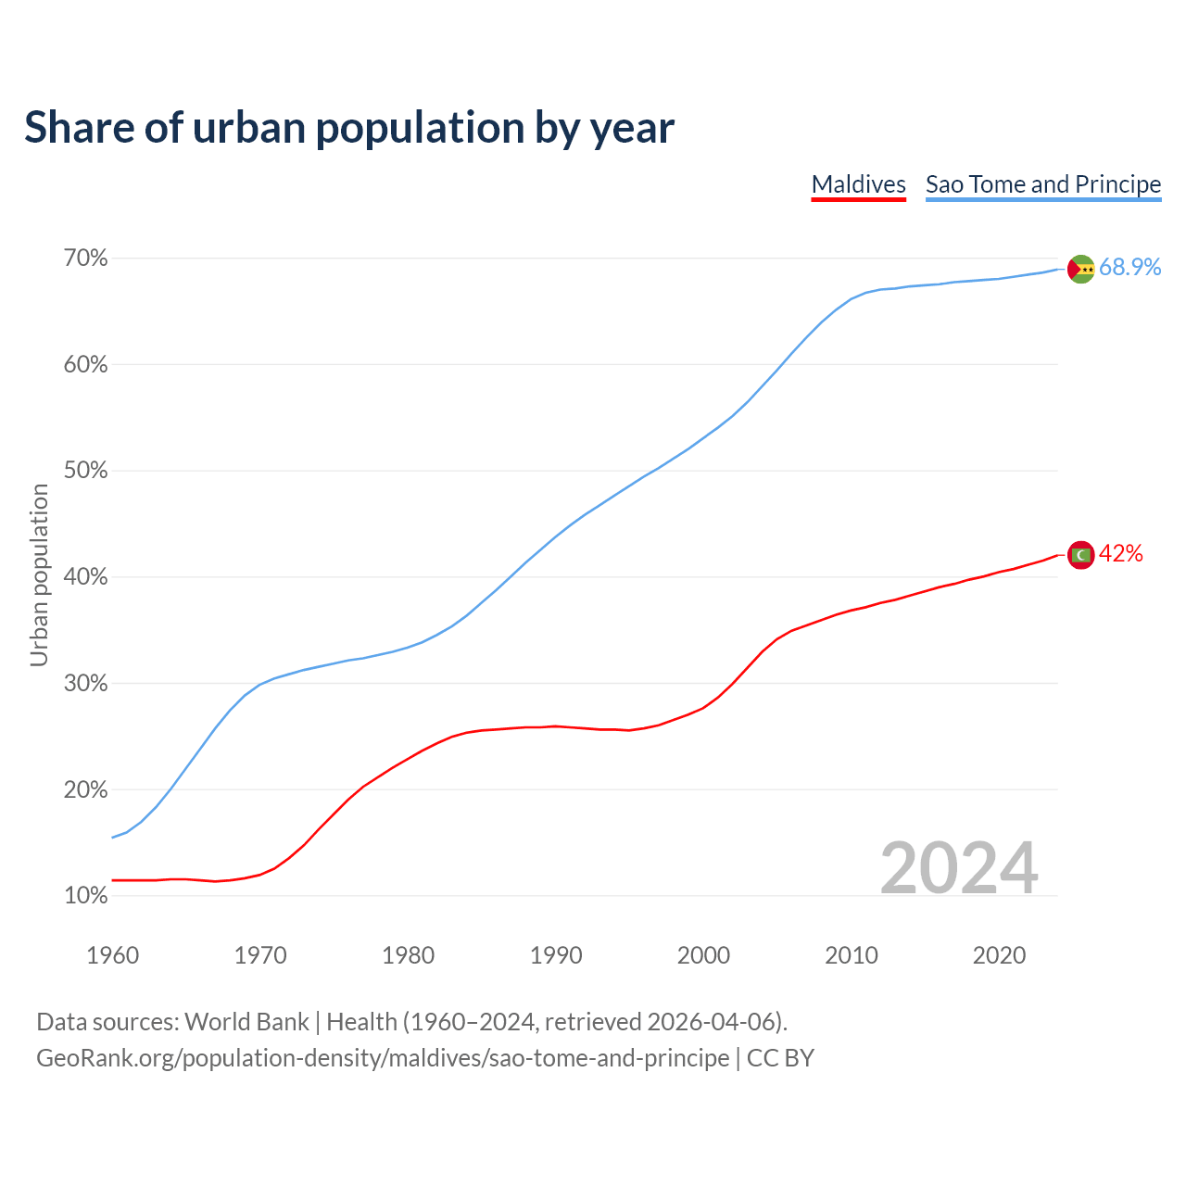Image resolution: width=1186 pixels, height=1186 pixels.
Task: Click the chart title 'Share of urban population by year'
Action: (x=349, y=127)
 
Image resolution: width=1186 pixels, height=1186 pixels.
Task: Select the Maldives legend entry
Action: (x=858, y=184)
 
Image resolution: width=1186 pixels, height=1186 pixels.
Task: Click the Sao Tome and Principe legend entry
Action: (x=1043, y=184)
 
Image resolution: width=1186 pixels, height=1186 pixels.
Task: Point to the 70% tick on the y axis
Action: (x=85, y=259)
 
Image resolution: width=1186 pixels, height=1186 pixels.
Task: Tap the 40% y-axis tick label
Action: (x=85, y=577)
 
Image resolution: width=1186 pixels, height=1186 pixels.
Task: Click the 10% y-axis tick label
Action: (x=85, y=896)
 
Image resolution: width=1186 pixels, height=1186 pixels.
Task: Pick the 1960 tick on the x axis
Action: (x=113, y=955)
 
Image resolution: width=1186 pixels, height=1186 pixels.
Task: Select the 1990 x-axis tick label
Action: (x=556, y=955)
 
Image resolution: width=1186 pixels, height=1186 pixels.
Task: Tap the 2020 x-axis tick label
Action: (x=999, y=955)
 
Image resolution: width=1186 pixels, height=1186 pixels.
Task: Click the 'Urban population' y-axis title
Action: (x=39, y=575)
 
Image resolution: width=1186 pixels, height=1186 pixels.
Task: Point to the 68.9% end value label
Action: (x=1129, y=268)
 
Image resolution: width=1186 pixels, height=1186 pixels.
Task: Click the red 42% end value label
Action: (x=1121, y=554)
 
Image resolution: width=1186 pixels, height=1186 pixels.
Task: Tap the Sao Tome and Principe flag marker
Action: (x=1081, y=269)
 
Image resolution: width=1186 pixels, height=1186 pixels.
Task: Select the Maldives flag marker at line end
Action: (x=1081, y=555)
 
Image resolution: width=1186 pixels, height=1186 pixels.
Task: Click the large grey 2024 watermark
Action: (x=959, y=868)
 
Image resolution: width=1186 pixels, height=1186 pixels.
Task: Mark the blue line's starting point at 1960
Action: (x=113, y=838)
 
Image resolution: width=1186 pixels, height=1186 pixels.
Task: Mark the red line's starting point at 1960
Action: (x=113, y=880)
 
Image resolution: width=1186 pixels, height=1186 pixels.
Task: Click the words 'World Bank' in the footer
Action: (x=246, y=1022)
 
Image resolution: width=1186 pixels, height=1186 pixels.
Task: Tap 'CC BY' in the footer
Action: (x=780, y=1058)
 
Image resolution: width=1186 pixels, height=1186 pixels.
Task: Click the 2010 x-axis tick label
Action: (x=852, y=955)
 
